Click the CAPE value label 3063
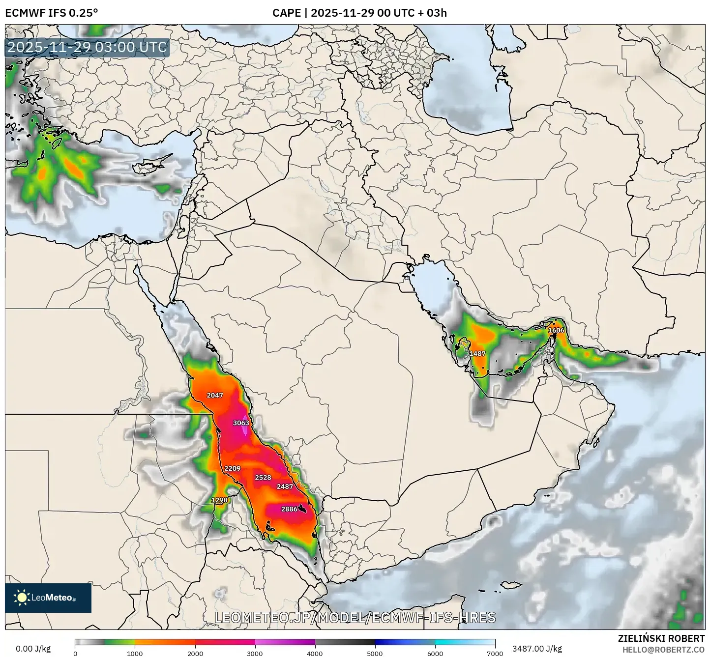241,423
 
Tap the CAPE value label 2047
215,395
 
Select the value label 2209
232,468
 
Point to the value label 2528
263,477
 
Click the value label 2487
285,486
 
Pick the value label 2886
289,509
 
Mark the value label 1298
219,500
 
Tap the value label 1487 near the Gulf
477,353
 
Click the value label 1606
556,330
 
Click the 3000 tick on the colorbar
255,653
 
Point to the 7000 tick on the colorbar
495,653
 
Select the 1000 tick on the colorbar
135,653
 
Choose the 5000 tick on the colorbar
375,653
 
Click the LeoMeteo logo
48,598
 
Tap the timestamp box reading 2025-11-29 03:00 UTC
88,48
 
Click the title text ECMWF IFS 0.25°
51,13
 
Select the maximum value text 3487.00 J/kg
537,649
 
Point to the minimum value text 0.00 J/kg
33,649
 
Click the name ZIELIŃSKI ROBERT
661,638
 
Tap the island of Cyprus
149,167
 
